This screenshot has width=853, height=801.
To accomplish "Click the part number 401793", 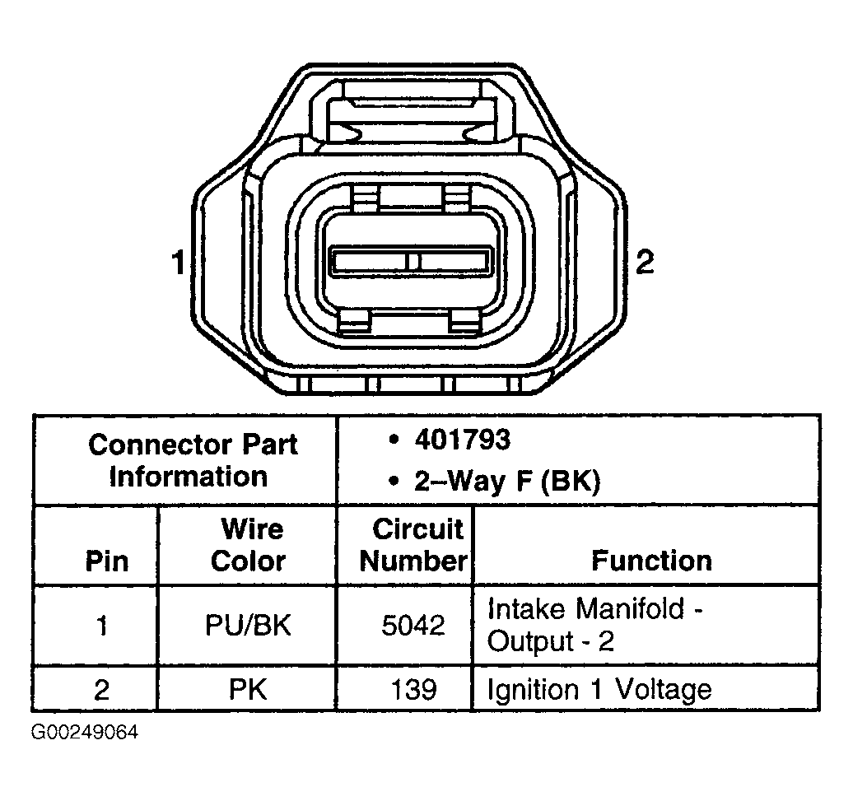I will pos(462,440).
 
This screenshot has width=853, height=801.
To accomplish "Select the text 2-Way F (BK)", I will pos(507,482).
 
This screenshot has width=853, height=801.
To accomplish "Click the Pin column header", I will pos(107,561).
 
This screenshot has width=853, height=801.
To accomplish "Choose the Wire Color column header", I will pos(248,545).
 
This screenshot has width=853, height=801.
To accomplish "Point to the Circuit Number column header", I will pos(413,545).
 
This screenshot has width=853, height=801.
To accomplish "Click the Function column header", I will pos(650,561).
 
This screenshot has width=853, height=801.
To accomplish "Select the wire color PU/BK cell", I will pos(248,626).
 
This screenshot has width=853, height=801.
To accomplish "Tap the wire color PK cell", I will pos(248,688).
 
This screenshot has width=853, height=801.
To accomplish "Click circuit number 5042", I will pos(413,626).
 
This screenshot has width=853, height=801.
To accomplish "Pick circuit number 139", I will pos(413,688).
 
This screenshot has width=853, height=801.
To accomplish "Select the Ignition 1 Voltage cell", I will pos(599,688).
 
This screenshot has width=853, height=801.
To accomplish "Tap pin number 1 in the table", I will pos(102,626).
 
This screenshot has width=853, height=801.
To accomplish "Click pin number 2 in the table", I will pos(102,688).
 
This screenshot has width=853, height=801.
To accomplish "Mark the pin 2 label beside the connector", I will pos(645,263).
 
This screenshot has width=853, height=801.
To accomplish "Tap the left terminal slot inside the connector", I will pos(370,263).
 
